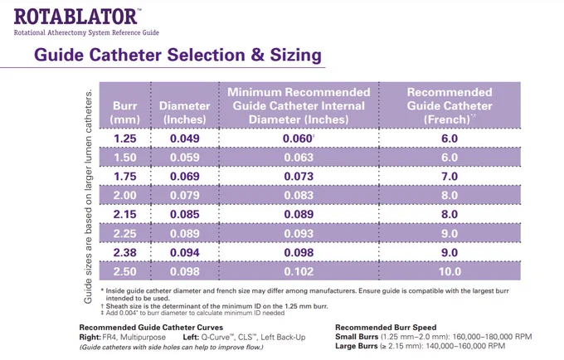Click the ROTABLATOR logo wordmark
tap(75, 17)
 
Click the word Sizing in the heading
tap(295, 55)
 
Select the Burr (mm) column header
tap(124, 113)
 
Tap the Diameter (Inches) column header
tap(184, 113)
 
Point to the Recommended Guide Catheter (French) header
tap(450, 105)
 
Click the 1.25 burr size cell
tap(124, 139)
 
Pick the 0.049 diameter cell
tap(184, 139)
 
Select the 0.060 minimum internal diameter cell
tap(299, 139)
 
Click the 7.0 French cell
tap(450, 176)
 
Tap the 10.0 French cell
tap(450, 271)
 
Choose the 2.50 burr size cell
tap(124, 271)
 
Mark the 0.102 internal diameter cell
tap(299, 271)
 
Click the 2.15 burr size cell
tap(124, 214)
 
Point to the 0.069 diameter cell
tap(184, 176)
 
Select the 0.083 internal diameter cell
tap(299, 195)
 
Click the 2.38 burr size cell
tap(124, 252)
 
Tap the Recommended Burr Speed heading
tap(386, 328)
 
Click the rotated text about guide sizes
tap(88, 197)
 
